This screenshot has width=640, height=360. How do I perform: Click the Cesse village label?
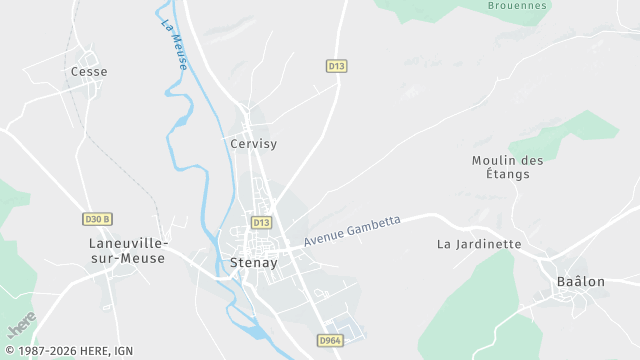click(89, 72)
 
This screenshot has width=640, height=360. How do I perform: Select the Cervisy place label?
click(253, 144)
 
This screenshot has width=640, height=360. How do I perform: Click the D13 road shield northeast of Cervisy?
click(337, 66)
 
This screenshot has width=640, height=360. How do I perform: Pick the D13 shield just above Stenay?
click(261, 222)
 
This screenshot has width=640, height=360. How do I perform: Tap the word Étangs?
click(508, 174)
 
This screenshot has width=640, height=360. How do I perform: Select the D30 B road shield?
click(97, 219)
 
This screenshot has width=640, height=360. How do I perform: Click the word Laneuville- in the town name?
click(128, 243)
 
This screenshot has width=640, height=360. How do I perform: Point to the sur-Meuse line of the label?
click(128, 258)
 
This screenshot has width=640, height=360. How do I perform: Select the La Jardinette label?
click(480, 244)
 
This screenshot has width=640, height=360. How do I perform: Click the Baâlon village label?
click(581, 282)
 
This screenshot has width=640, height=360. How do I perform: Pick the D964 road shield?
click(331, 341)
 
